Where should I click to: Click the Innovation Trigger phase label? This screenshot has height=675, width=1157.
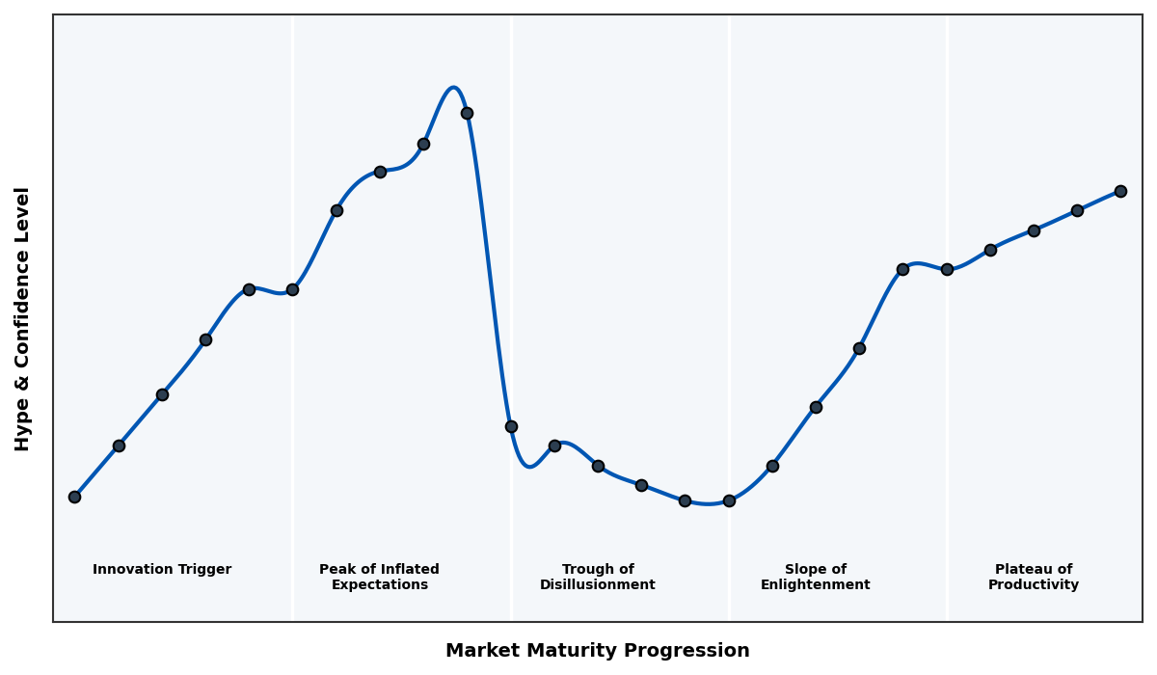click(x=162, y=570)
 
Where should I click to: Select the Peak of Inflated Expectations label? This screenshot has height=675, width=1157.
click(x=379, y=578)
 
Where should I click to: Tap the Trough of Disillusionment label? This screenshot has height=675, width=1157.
click(x=597, y=578)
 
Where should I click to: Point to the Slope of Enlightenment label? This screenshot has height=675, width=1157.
click(x=815, y=578)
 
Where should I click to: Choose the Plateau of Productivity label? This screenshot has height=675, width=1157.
click(x=1033, y=578)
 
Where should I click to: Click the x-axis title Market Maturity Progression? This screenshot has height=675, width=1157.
click(x=597, y=651)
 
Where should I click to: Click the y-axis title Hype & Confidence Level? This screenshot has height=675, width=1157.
click(x=23, y=318)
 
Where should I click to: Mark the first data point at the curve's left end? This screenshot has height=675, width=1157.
click(x=74, y=497)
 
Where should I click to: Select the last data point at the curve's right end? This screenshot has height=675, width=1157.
click(x=1120, y=191)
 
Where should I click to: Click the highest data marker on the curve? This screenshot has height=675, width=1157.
click(x=467, y=113)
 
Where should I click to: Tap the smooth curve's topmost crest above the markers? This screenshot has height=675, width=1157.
click(x=453, y=88)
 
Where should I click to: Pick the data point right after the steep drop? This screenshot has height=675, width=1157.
click(x=511, y=426)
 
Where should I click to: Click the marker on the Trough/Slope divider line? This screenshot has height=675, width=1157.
click(x=729, y=500)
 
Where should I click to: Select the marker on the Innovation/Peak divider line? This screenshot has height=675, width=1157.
click(x=292, y=289)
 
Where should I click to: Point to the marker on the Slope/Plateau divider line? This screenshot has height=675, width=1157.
click(x=947, y=269)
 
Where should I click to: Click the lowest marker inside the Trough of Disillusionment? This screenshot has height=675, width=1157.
click(x=685, y=500)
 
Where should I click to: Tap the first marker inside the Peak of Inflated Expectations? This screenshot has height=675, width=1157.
click(x=336, y=210)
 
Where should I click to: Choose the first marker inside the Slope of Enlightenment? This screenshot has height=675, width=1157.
click(x=772, y=466)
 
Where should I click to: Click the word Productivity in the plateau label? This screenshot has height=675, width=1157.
click(x=1033, y=585)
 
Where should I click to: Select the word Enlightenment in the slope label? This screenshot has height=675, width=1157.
click(x=815, y=585)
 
